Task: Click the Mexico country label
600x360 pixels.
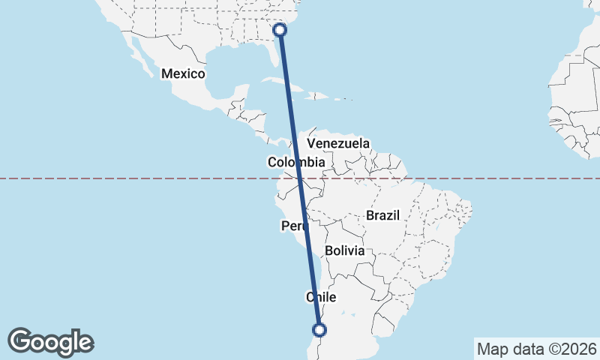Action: tap(183, 73)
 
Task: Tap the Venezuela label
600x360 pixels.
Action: tap(339, 142)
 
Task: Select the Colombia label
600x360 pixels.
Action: tap(296, 162)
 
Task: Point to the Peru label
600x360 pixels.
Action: tap(293, 226)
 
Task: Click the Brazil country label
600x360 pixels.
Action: tap(382, 215)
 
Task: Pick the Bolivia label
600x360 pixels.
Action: tap(345, 250)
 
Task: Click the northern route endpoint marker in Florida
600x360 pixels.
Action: tap(280, 30)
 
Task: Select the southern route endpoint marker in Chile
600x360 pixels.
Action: tap(319, 329)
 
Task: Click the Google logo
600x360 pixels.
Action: tap(51, 342)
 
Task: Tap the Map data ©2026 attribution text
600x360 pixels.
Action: tap(535, 349)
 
